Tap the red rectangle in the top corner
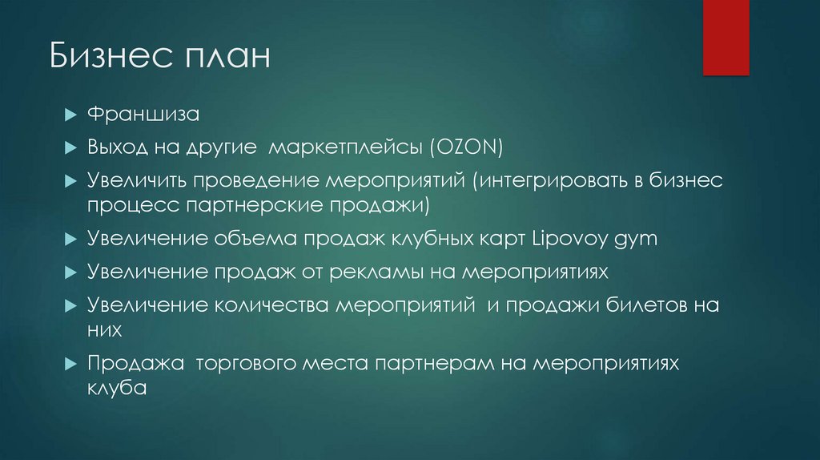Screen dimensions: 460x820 [726, 37]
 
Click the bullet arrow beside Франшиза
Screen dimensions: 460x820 [70, 115]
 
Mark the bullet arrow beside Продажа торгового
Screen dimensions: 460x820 [70, 364]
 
